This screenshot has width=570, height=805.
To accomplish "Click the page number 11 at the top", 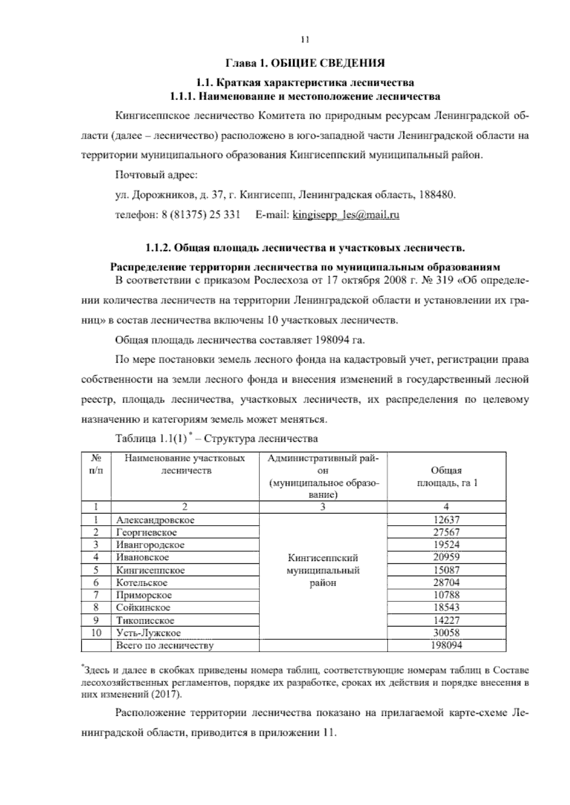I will coord(305,40).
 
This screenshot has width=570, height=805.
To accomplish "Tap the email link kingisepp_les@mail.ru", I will coord(346,215).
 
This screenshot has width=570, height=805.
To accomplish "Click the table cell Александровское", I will coord(155,520).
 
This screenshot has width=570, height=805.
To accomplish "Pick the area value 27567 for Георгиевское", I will coord(446,532).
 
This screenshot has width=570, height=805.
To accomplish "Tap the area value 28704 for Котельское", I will coord(446,582).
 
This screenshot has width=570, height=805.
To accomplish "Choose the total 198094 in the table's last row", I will coord(446,645).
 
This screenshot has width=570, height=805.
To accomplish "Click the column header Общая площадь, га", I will coord(446,477).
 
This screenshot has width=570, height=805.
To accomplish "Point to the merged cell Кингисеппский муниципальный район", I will coord(323,570).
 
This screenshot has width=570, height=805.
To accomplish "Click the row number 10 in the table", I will coord(96,633).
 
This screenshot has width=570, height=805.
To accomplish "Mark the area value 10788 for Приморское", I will coord(446,595).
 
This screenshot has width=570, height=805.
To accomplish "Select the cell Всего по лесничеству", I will coord(165,645).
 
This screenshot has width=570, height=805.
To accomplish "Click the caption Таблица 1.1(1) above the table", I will coord(151,438).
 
